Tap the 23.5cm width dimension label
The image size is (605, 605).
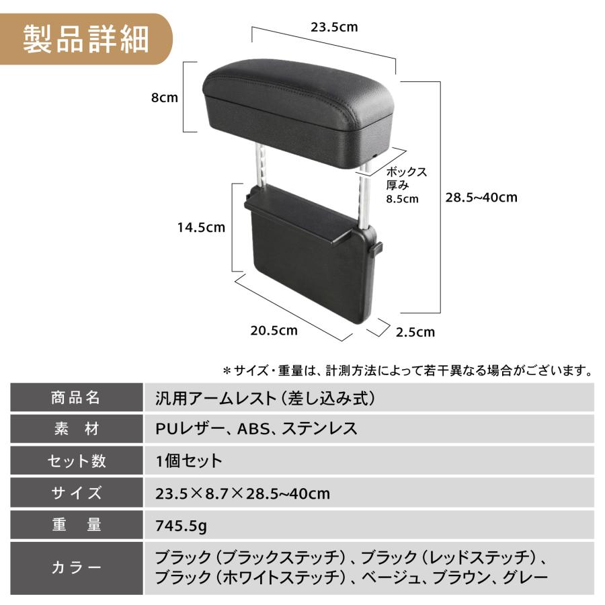coord(334,28)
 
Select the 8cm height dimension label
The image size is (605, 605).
coord(164,97)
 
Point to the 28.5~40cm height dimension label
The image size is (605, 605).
coord(481,197)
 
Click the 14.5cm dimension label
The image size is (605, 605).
coord(201,227)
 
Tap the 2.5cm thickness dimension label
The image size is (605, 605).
coord(415,331)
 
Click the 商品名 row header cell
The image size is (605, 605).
coord(76,397)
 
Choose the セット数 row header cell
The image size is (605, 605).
coord(76,461)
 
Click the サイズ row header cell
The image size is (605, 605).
coord(76,493)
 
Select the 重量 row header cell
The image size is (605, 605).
coord(76,526)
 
